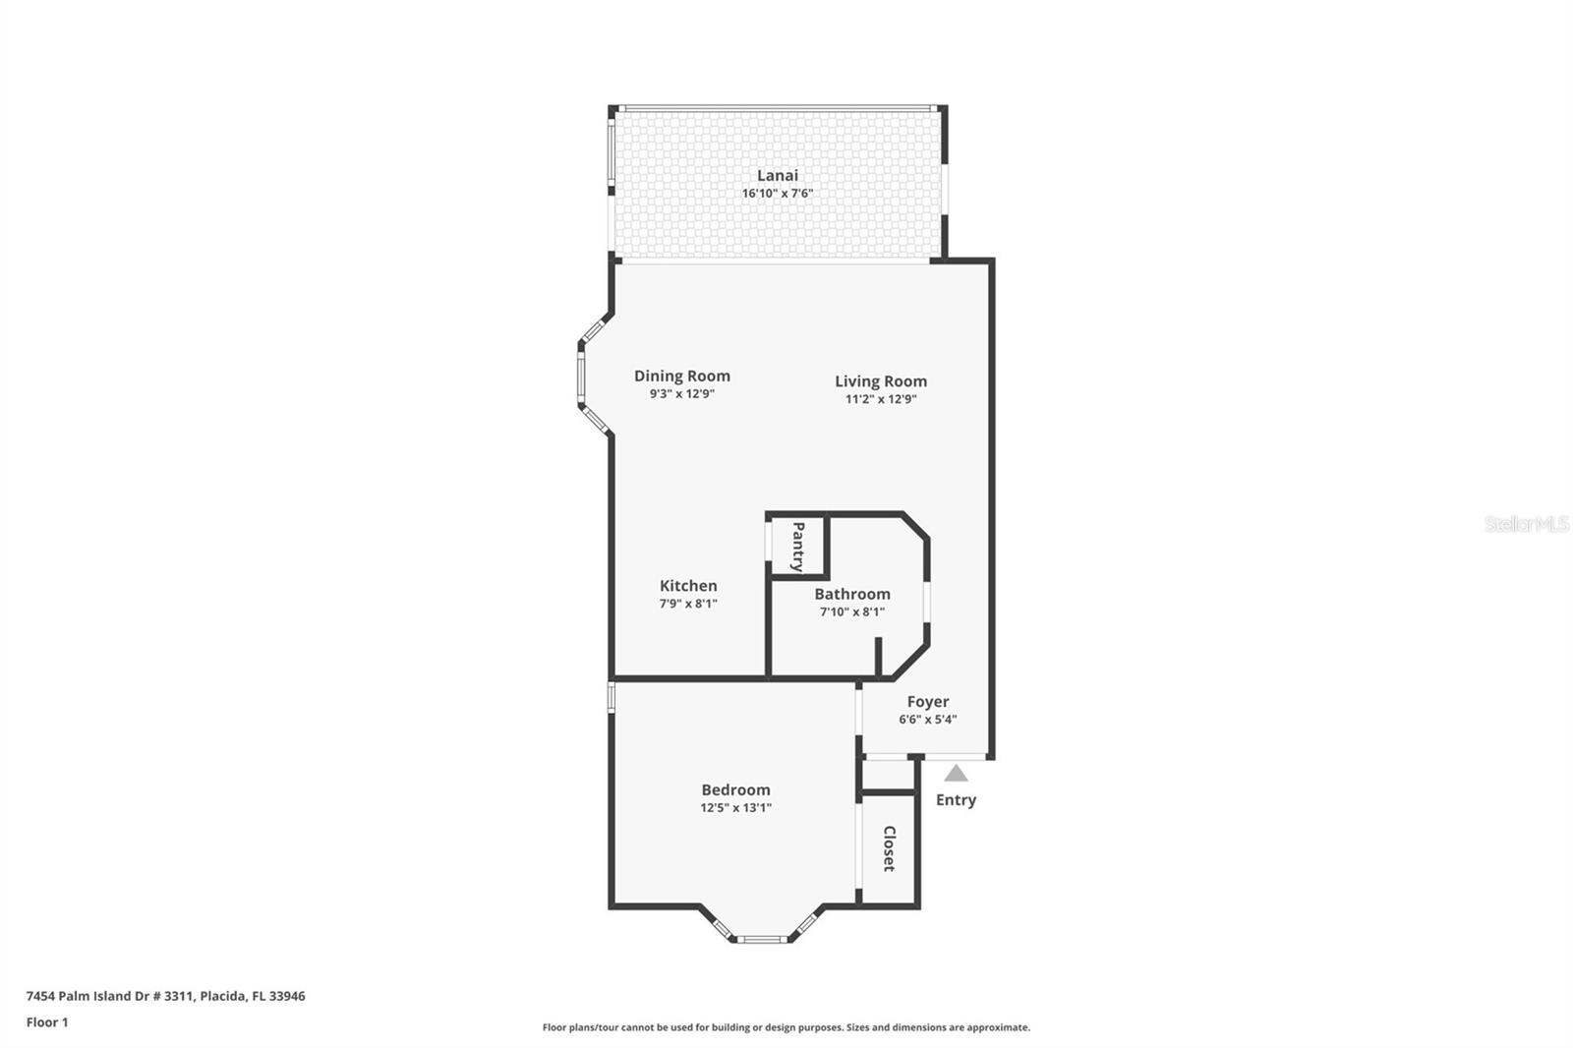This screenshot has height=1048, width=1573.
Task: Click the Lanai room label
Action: (777, 175)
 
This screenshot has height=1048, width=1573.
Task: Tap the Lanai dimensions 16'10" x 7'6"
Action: (777, 194)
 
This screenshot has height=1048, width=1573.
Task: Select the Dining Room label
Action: (681, 376)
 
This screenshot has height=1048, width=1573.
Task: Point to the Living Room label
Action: (881, 381)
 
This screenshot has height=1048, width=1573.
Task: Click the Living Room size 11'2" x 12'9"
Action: (881, 399)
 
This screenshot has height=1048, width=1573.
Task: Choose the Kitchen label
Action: (688, 586)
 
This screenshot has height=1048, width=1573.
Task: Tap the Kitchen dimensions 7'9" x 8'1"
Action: (688, 604)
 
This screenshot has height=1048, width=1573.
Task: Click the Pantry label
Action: (797, 547)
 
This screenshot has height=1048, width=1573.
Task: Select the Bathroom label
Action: (852, 594)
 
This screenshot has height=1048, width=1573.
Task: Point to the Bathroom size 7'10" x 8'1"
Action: (852, 611)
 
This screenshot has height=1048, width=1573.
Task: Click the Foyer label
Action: (928, 702)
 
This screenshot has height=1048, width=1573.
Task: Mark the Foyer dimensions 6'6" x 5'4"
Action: (928, 720)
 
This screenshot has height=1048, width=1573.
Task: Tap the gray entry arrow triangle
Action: (956, 774)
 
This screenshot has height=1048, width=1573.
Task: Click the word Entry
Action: (956, 800)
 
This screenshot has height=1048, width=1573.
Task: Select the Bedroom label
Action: (735, 790)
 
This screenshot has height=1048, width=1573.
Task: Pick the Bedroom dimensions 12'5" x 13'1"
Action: (735, 808)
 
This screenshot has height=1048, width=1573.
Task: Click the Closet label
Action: (889, 848)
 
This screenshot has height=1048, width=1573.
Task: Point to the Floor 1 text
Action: (47, 1022)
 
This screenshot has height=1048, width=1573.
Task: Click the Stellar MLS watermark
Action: (1526, 525)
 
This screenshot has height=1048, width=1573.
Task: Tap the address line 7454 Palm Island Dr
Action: (165, 996)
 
